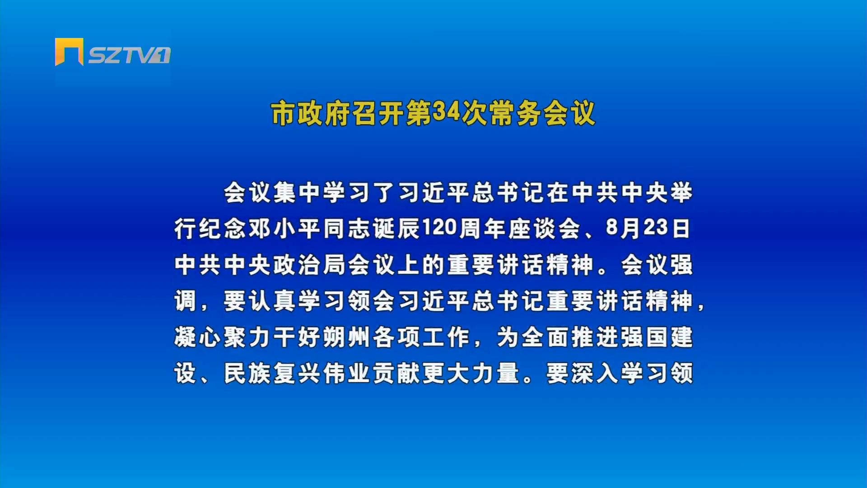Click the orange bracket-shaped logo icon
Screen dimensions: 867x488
pos(69,51)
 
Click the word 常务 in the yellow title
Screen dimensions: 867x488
pos(515,113)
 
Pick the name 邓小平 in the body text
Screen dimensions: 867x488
pos(285,229)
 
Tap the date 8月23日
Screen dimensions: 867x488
pos(648,228)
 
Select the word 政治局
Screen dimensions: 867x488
pos(310,265)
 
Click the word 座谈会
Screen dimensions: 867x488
pos(545,229)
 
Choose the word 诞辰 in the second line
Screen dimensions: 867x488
pos(397,229)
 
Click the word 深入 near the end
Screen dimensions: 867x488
pos(595,373)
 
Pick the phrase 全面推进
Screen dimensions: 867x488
pos(570,337)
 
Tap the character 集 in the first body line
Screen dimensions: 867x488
pos(285,192)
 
